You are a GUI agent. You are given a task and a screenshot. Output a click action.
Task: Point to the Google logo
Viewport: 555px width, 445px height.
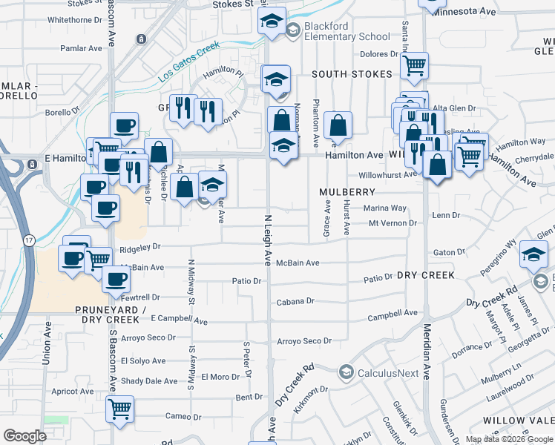coord(24,436)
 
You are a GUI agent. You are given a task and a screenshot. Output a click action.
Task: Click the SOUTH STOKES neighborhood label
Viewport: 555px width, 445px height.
coord(352,75)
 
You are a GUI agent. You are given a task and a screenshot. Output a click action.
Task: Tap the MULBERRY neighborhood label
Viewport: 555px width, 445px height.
coord(348,191)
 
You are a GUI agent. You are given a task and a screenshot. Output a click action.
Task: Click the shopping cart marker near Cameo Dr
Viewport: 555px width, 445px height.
coord(120,408)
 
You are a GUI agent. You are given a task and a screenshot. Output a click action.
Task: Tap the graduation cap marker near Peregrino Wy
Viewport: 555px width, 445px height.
coord(534,254)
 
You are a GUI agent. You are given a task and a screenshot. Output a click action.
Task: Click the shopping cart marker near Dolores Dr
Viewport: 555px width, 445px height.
coord(414,65)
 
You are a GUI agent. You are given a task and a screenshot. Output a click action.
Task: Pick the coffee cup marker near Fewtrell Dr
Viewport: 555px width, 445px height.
coord(115,279)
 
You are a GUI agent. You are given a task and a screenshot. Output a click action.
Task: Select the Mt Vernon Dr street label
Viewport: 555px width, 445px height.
coord(393,222)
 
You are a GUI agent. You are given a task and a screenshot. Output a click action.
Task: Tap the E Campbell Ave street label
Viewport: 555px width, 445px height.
coord(179,320)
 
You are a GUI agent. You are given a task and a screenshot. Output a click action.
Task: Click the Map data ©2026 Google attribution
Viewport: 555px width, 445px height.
coord(509,439)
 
